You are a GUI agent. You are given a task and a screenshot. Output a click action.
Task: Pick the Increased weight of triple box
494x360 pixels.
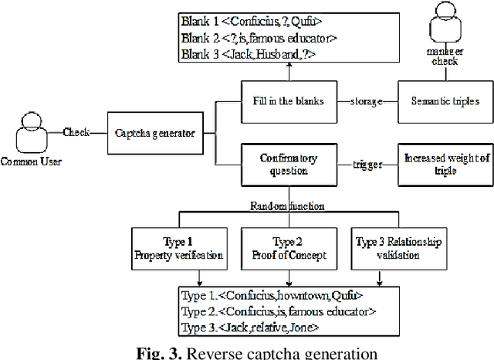pos(444,164)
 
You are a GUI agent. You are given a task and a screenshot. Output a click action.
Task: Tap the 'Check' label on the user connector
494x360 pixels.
pos(77,131)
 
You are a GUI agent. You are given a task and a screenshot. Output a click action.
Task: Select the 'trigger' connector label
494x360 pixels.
pos(369,164)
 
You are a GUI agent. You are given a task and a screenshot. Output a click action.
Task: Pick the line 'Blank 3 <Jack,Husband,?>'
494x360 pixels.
pos(238,53)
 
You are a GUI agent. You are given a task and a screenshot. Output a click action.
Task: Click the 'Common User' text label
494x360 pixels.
pos(30,161)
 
